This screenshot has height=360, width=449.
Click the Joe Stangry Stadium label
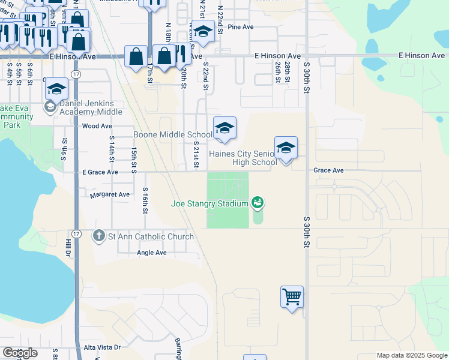point(209,204)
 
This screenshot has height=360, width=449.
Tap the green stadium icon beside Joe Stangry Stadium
point(258,203)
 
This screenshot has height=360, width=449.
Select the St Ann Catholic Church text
point(150,236)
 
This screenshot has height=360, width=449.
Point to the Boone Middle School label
point(172,134)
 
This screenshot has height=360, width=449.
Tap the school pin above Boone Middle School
point(224,128)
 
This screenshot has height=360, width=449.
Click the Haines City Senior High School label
point(243,157)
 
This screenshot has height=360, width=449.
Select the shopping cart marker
point(292,296)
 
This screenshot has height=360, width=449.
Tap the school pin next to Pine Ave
point(203,32)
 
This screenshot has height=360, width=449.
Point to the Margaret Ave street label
point(110,195)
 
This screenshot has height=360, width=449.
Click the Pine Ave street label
point(241,27)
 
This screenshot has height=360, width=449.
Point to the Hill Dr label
point(67,249)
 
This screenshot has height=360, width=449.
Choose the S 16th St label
point(145,200)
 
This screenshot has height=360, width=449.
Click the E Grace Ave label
point(100,172)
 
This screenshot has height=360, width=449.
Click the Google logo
point(19,353)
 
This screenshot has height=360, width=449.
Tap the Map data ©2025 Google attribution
point(412,355)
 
